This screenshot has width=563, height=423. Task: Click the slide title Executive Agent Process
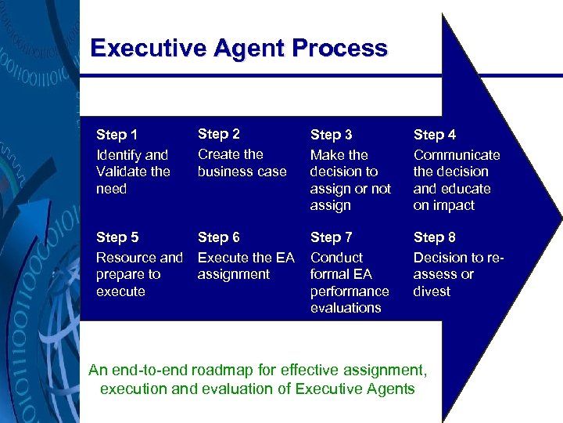click(238, 49)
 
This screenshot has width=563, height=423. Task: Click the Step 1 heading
click(117, 135)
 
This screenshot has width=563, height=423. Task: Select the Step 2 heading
click(219, 134)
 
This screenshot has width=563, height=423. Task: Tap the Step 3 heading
click(332, 135)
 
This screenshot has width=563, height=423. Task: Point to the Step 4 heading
click(435, 135)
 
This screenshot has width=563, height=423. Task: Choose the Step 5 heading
click(117, 237)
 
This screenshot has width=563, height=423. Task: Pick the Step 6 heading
click(219, 237)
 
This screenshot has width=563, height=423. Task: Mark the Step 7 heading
click(332, 237)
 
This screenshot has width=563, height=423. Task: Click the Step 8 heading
click(435, 237)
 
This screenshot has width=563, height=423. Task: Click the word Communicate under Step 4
click(457, 155)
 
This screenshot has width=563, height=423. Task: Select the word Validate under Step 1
click(122, 172)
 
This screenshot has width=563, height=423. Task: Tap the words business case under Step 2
click(242, 172)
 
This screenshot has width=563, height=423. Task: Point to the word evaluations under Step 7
click(346, 308)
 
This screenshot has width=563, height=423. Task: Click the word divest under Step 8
click(432, 291)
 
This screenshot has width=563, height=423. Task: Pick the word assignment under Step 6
click(234, 274)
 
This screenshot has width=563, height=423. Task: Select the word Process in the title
click(339, 49)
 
